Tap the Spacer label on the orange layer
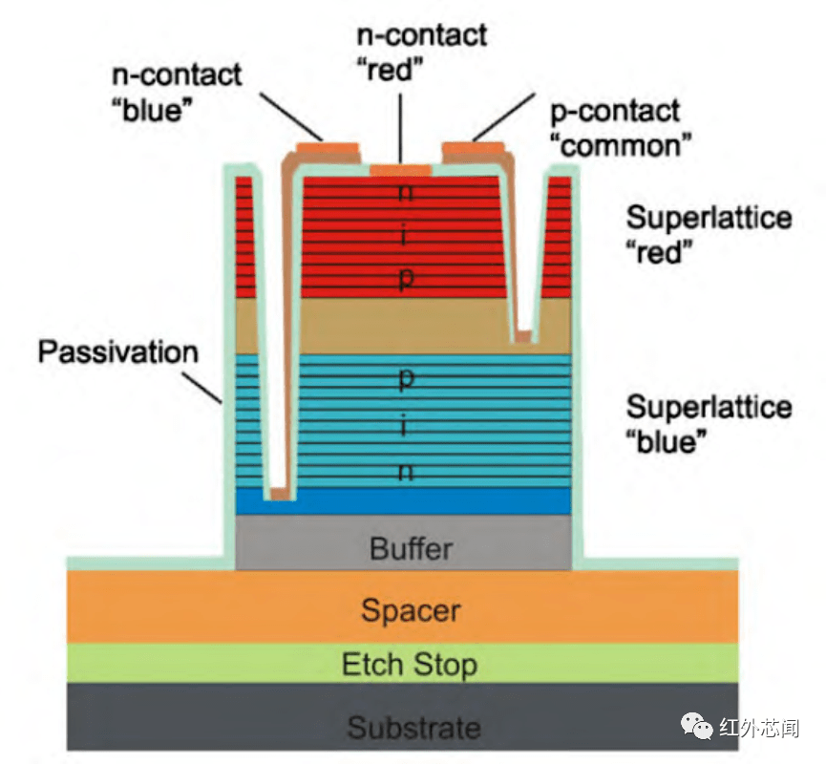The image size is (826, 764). (x=411, y=609)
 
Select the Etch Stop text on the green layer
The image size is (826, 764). (x=410, y=664)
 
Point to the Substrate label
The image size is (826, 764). (x=413, y=728)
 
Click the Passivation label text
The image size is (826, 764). (x=117, y=351)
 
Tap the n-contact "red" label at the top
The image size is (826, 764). (x=421, y=53)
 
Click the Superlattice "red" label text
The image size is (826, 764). (x=709, y=235)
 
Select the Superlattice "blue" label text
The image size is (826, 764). (x=709, y=424)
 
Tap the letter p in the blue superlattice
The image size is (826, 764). (x=404, y=378)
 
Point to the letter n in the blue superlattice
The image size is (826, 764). (x=404, y=472)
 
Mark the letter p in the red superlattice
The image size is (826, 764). (x=404, y=277)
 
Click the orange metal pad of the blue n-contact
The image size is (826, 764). (x=328, y=147)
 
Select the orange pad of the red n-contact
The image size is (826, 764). (x=400, y=170)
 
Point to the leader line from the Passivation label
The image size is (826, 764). (x=210, y=388)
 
